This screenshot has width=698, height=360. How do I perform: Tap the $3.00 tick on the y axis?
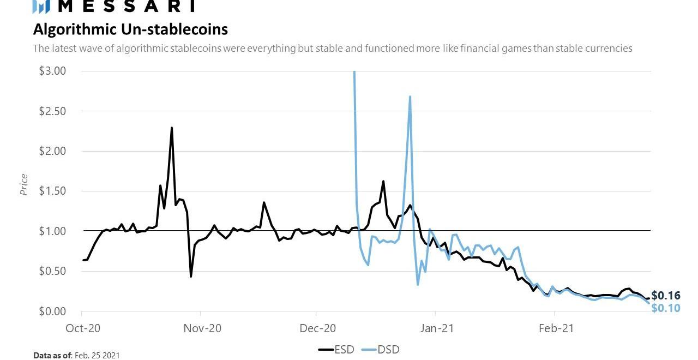(x=52, y=71)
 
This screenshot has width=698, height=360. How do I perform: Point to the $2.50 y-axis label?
(x=52, y=111)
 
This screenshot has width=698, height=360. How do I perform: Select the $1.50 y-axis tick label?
(x=52, y=191)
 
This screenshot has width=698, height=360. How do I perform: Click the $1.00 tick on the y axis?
(x=52, y=231)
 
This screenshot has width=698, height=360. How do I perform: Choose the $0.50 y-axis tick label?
(x=52, y=271)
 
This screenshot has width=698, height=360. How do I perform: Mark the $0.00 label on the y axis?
(x=52, y=311)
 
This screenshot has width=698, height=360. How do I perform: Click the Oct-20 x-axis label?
(x=82, y=328)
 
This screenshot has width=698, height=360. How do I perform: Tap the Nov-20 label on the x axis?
(x=201, y=328)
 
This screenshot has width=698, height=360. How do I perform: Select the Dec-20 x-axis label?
(x=317, y=328)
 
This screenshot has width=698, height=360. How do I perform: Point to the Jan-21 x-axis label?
(x=436, y=328)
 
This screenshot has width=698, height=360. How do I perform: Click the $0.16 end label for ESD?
(x=666, y=296)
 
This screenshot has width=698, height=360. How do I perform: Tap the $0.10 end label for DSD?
(x=666, y=308)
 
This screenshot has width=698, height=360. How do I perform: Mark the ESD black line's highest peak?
(x=172, y=128)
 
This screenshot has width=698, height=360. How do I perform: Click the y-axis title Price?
(x=24, y=185)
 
